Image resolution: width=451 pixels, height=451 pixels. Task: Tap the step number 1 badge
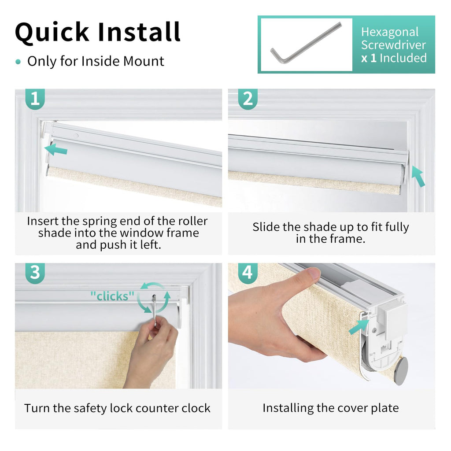pos(35,99)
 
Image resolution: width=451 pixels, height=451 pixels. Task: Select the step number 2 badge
pos(248,99)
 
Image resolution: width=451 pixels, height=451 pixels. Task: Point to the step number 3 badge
pos(35,273)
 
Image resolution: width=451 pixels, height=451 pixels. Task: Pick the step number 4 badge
pos(248,273)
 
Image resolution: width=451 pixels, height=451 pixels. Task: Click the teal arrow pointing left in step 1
pos(56,150)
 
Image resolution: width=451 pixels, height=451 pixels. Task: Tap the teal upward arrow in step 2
pos(418,176)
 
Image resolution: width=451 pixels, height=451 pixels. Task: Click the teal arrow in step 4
pos(359,327)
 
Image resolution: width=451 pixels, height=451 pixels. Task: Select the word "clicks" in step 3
pos(112,296)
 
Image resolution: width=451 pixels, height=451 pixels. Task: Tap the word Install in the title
pos(139,32)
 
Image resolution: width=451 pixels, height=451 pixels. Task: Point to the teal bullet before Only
pos(18,62)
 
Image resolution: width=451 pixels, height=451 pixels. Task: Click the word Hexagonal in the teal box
pos(390,32)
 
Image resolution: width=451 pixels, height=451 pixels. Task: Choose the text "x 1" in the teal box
pos(369,59)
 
